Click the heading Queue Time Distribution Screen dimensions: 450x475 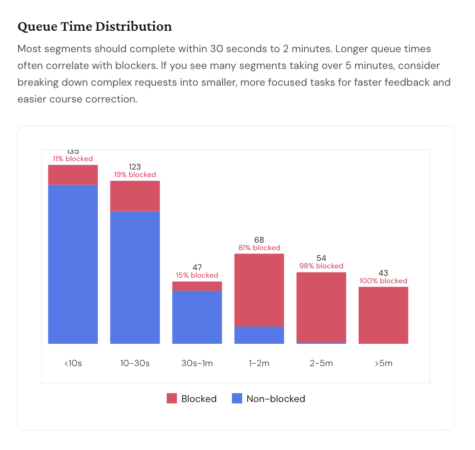pyautogui.click(x=95, y=27)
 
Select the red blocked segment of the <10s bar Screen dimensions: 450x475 pyautogui.click(x=73, y=175)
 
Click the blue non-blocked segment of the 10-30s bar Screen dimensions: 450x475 pyautogui.click(x=135, y=277)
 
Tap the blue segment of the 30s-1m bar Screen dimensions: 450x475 pyautogui.click(x=197, y=317)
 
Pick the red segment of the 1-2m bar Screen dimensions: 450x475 pyautogui.click(x=259, y=290)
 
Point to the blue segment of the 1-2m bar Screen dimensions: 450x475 pyautogui.click(x=259, y=335)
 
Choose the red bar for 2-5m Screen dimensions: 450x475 pyautogui.click(x=321, y=307)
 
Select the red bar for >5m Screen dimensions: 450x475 pyautogui.click(x=383, y=315)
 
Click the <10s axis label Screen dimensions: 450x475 pyautogui.click(x=73, y=363)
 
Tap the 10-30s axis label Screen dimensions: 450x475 pyautogui.click(x=135, y=363)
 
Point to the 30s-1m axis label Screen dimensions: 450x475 pyautogui.click(x=197, y=363)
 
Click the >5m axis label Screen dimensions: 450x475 pyautogui.click(x=383, y=363)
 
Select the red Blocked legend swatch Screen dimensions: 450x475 pyautogui.click(x=172, y=399)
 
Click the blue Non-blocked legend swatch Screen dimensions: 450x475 pyautogui.click(x=237, y=399)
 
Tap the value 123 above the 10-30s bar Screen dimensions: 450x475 pyautogui.click(x=135, y=167)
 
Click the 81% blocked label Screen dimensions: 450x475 pyautogui.click(x=259, y=248)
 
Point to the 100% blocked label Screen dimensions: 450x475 pyautogui.click(x=383, y=281)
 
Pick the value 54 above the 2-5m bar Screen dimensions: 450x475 pyautogui.click(x=321, y=258)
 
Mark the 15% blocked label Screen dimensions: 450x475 pyautogui.click(x=197, y=275)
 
